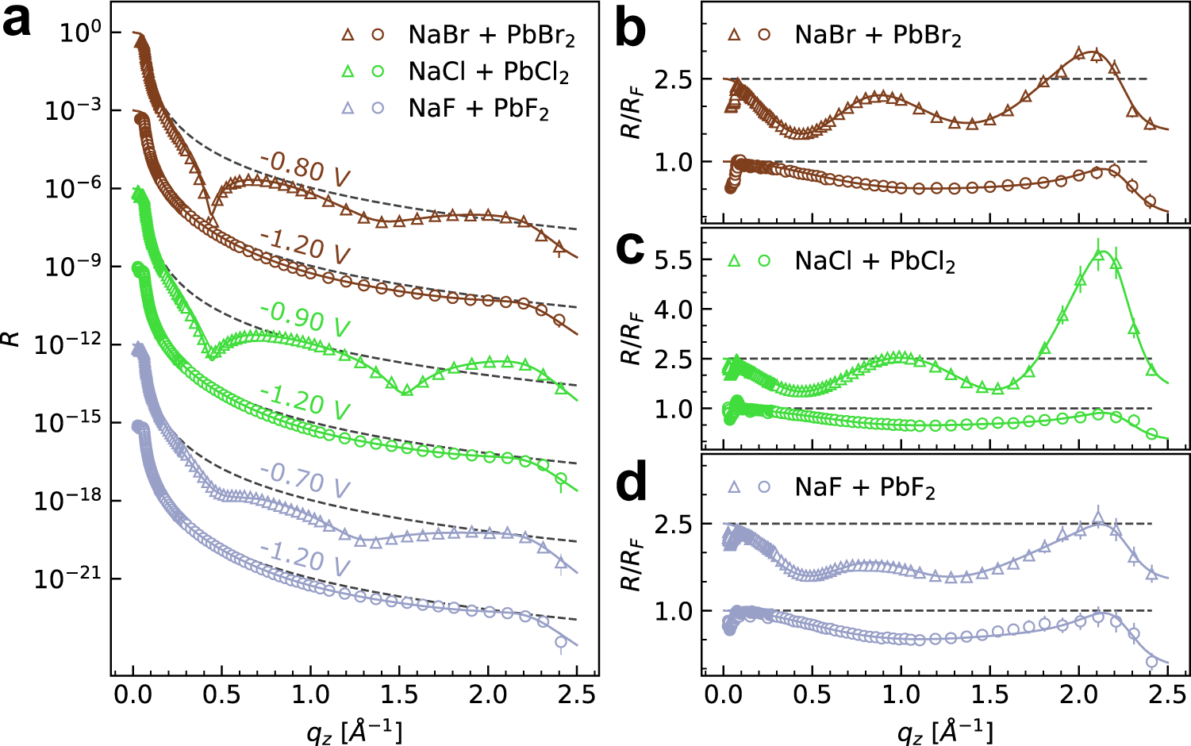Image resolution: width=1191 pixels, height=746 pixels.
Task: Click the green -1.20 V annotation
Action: click(305, 401)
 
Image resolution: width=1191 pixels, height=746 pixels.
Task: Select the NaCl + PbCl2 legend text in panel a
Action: click(488, 72)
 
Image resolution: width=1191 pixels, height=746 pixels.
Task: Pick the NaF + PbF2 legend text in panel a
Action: click(478, 108)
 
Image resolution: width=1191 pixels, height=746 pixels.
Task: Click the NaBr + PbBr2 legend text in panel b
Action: click(878, 36)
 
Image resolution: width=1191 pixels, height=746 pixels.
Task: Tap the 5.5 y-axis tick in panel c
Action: click(673, 260)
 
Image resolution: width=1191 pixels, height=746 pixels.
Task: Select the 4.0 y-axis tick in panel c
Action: click(673, 309)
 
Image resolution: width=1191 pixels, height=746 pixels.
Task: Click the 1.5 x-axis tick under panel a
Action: click(399, 695)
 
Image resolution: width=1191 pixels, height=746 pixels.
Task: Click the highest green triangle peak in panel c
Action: click(1098, 253)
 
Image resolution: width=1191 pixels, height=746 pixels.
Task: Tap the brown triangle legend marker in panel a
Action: click(348, 35)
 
